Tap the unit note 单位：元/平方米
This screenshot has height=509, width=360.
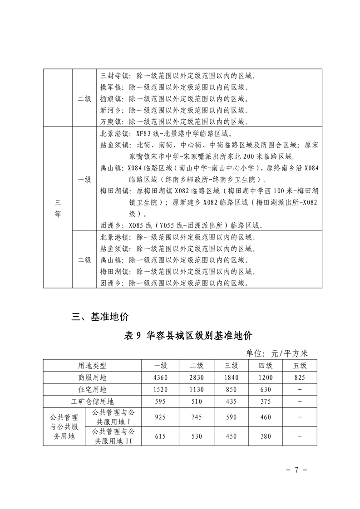coord(277,353)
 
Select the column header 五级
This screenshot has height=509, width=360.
coord(300,366)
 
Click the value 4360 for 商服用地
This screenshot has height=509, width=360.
coord(160,377)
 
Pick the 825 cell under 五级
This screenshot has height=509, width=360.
coord(300,377)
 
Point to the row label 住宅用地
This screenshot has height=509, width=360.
coord(92,389)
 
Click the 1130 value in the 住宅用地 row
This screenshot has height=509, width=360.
coord(197,389)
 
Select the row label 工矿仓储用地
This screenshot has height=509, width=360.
coord(92,401)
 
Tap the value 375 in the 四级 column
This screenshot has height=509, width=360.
coord(266,401)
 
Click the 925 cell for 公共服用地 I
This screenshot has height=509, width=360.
coord(160,416)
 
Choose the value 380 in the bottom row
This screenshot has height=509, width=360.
coord(266,436)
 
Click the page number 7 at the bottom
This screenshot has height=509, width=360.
coord(295,470)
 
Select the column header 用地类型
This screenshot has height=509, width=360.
coord(92,366)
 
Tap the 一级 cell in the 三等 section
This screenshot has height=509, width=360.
coord(84,179)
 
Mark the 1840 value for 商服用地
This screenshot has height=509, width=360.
coord(231,377)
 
